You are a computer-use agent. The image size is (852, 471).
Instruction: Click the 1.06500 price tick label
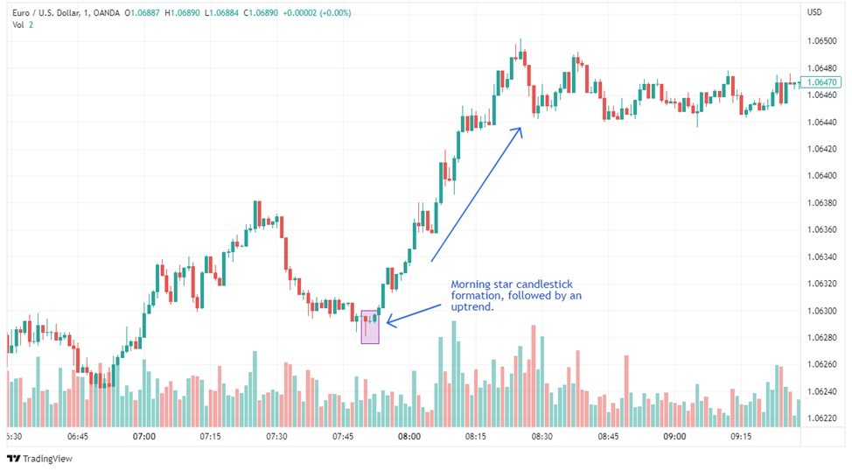point(821,41)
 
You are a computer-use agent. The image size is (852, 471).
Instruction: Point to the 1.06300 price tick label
point(821,311)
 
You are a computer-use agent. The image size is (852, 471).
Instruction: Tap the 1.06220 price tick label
point(821,418)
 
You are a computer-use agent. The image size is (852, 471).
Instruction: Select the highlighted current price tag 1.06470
point(821,82)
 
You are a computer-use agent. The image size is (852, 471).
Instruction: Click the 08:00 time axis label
point(409,436)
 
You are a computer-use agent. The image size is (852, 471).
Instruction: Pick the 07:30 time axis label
point(276,436)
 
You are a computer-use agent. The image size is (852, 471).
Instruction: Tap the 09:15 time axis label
point(741,436)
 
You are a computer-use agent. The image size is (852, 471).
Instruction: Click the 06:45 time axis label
point(78,436)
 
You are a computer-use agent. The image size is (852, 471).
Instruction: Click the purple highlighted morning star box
point(370,327)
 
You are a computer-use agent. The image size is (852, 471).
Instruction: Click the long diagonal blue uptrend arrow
point(477,194)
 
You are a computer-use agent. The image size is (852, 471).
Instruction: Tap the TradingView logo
point(39,459)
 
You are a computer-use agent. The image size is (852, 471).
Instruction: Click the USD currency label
point(814,12)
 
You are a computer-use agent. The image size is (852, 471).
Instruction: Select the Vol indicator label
point(18,25)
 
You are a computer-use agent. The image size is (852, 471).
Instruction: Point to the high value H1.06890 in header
point(183,12)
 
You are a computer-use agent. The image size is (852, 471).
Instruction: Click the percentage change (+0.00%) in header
point(335,12)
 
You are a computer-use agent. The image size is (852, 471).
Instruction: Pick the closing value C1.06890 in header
point(262,12)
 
